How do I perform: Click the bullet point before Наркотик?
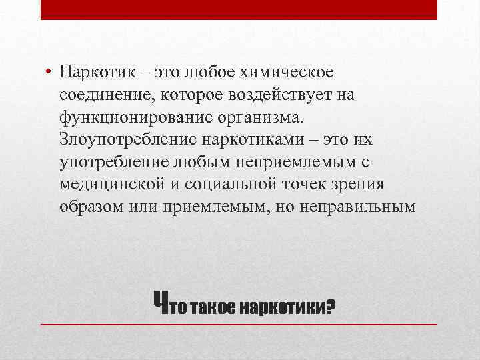(49, 71)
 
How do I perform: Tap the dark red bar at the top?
(239, 10)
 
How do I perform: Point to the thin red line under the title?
(239, 324)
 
